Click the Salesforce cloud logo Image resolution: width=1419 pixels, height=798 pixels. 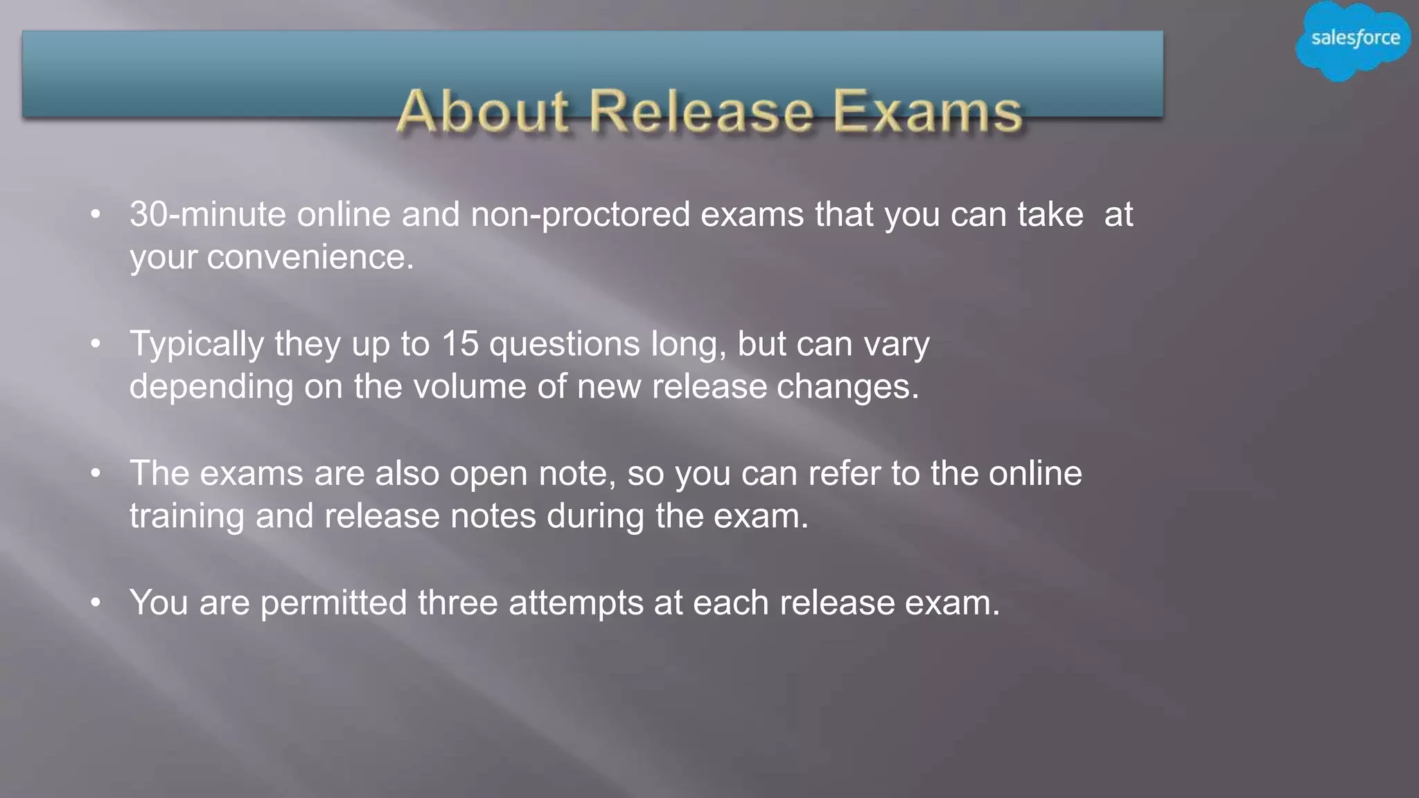pos(1355,40)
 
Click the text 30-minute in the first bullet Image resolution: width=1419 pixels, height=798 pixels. pos(208,215)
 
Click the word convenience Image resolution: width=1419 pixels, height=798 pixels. pos(310,258)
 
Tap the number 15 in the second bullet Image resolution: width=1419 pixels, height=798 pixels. pos(459,344)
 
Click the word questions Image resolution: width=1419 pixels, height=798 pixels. pos(565,344)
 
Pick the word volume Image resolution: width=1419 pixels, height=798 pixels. pos(470,387)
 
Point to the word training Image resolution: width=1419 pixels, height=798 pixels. pos(187,517)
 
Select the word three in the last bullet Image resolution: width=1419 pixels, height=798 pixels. pos(457,603)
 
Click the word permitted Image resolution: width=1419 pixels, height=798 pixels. pos(333,603)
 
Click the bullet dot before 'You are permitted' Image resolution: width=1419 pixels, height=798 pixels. pos(96,603)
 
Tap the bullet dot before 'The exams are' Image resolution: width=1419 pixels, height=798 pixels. pos(96,474)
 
